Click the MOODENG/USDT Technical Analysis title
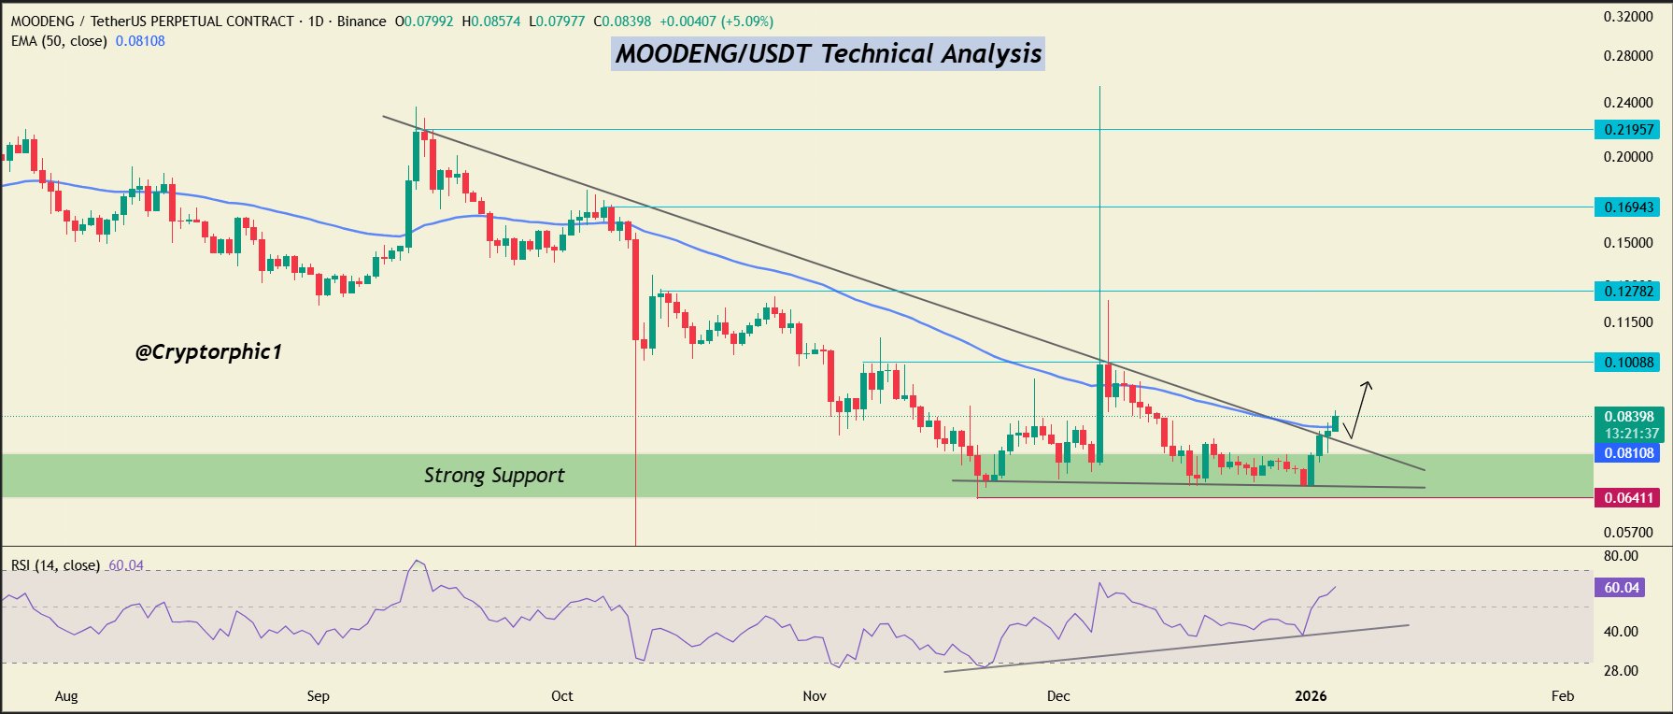pyautogui.click(x=828, y=54)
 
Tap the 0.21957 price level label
pyautogui.click(x=1628, y=130)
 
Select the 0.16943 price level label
pyautogui.click(x=1628, y=207)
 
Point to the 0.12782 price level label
pyautogui.click(x=1628, y=292)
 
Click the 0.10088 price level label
pyautogui.click(x=1628, y=363)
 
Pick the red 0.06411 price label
pyautogui.click(x=1628, y=498)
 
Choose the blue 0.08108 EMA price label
pyautogui.click(x=1628, y=453)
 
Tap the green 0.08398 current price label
pyautogui.click(x=1628, y=417)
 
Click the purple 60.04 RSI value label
pyautogui.click(x=1622, y=588)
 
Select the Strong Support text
pyautogui.click(x=494, y=476)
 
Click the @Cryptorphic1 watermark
pyautogui.click(x=208, y=352)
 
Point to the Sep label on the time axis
pyautogui.click(x=319, y=696)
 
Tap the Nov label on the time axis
pyautogui.click(x=815, y=696)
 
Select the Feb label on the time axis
pyautogui.click(x=1563, y=696)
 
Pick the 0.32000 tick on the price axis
pyautogui.click(x=1628, y=17)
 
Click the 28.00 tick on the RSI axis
pyautogui.click(x=1621, y=671)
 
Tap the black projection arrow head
pyautogui.click(x=1368, y=384)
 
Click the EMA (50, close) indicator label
pyautogui.click(x=59, y=41)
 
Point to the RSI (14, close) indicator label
pyautogui.click(x=55, y=565)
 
